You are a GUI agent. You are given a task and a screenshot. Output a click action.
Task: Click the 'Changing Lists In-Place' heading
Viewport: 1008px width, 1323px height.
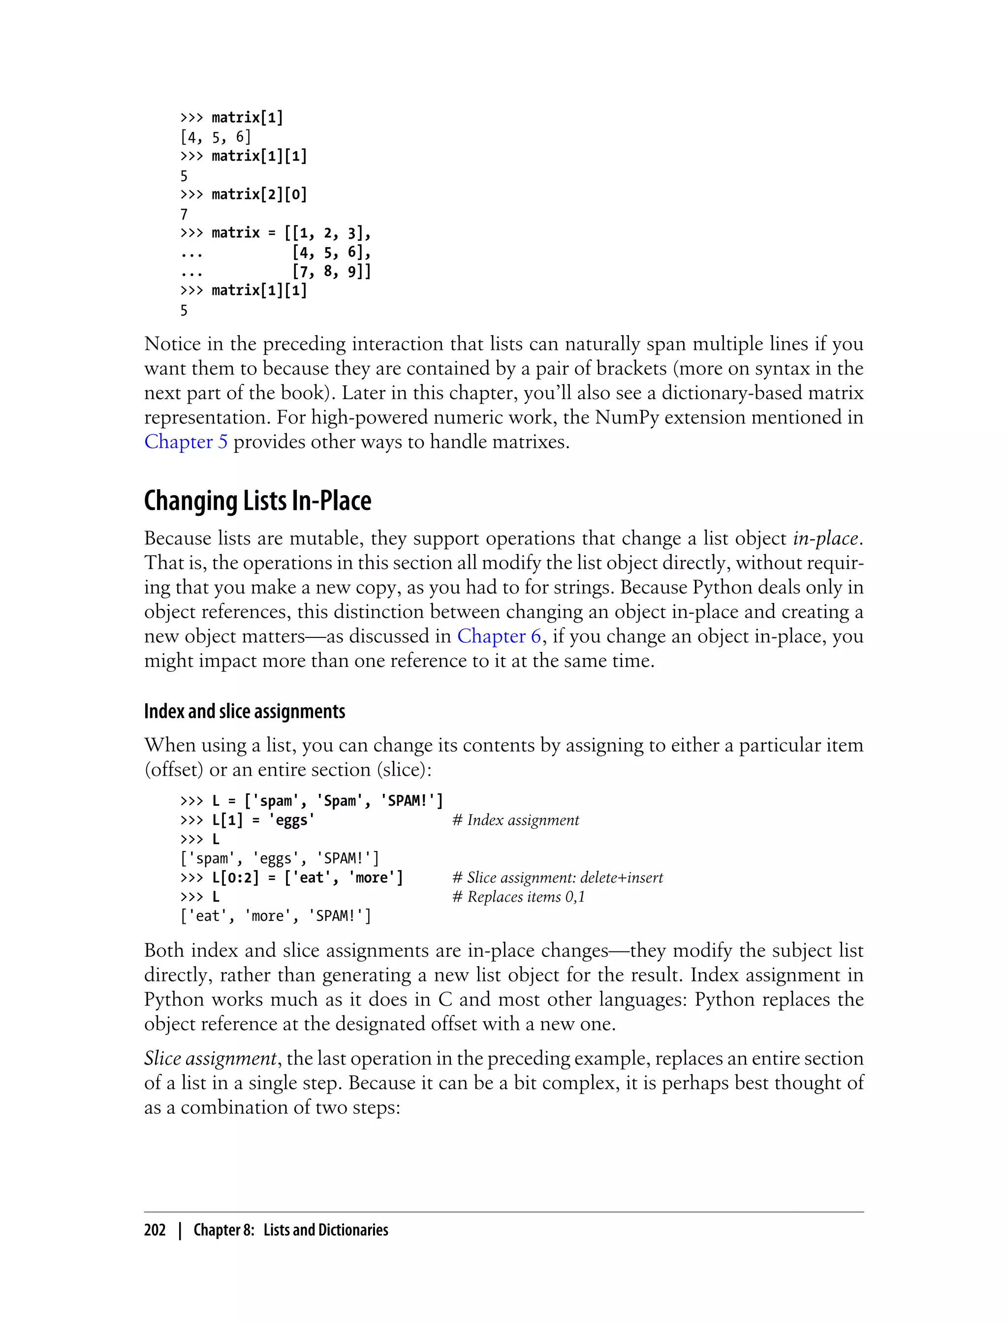click(257, 501)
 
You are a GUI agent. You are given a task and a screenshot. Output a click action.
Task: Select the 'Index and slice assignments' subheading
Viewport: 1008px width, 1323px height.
click(244, 712)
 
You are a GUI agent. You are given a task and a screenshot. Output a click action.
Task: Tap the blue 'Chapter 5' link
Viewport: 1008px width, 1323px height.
click(186, 442)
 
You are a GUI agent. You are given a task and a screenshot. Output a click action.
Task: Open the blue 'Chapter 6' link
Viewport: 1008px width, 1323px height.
click(499, 636)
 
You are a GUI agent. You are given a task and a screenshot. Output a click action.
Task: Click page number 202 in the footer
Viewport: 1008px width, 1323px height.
click(155, 1230)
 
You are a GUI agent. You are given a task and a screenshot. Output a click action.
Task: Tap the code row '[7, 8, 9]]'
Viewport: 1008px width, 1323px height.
click(331, 271)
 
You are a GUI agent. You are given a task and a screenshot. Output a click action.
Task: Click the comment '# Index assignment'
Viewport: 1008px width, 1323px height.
click(515, 820)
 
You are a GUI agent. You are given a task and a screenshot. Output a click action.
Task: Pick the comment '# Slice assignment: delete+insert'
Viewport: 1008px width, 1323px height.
click(557, 878)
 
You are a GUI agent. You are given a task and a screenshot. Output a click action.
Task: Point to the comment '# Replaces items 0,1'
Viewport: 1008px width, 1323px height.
click(518, 897)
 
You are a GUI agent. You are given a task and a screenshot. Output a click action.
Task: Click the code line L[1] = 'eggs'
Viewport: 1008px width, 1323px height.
click(263, 820)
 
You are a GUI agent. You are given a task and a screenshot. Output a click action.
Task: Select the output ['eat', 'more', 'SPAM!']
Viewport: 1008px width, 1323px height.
click(276, 916)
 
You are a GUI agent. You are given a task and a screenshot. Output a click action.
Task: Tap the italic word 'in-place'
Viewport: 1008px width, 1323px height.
click(825, 539)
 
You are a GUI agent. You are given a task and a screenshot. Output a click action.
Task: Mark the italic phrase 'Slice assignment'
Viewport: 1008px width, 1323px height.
click(211, 1058)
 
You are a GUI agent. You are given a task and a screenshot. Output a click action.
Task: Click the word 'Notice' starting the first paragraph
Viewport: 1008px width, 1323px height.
click(172, 345)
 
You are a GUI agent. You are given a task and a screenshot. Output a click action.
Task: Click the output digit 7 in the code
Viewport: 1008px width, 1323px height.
click(184, 214)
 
